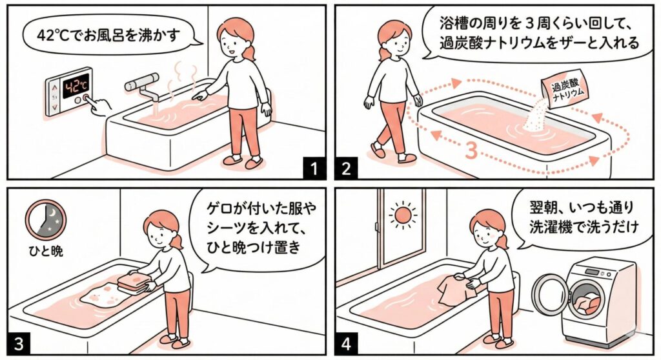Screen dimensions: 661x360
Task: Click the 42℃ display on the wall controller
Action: click(x=76, y=86)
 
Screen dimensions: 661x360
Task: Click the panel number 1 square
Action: click(x=314, y=168)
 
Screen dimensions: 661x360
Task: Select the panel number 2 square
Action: click(x=346, y=168)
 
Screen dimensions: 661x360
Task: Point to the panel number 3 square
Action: click(x=19, y=343)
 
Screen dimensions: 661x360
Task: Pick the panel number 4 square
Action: click(x=346, y=343)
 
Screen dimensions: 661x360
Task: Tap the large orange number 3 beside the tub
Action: click(x=471, y=151)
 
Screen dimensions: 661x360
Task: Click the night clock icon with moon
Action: click(x=46, y=219)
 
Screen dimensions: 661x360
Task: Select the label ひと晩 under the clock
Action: click(x=46, y=251)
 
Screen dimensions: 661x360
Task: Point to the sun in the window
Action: click(x=403, y=215)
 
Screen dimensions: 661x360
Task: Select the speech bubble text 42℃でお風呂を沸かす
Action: click(x=108, y=35)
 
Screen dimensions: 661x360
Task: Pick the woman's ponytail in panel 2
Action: click(x=384, y=53)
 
